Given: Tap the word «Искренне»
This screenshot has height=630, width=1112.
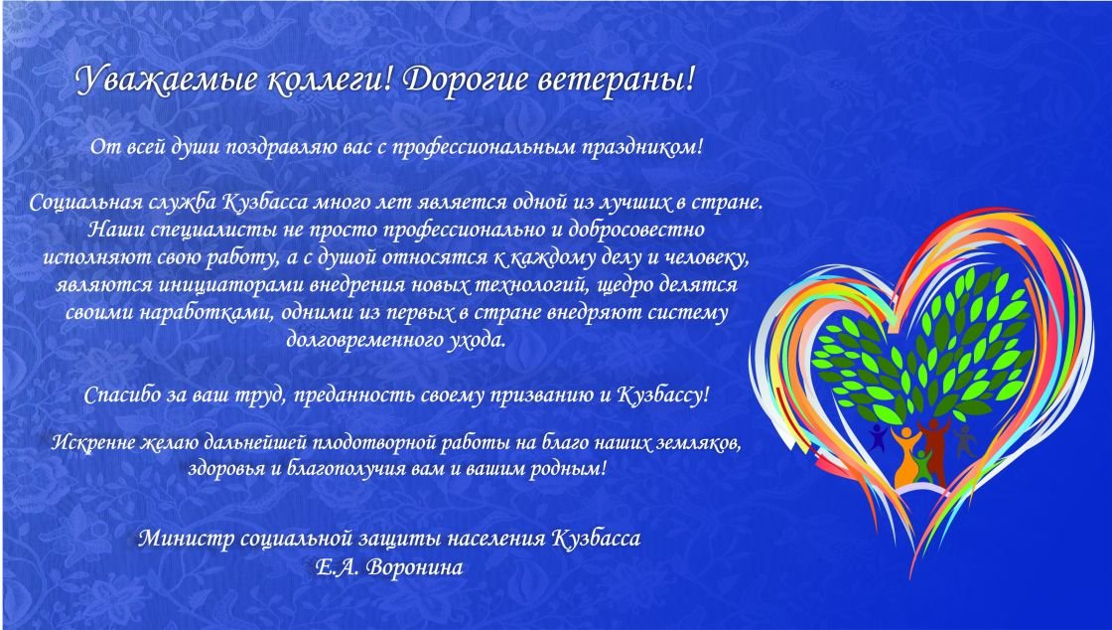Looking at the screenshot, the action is coord(93,443).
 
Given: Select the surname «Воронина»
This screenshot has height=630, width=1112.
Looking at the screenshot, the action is coord(416,567).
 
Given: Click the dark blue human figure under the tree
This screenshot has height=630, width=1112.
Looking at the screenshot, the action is coord(879,437).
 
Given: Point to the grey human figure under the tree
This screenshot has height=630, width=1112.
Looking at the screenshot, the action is coord(964,441).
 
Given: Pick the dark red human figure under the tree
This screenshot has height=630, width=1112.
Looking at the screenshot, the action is coord(933,448).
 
